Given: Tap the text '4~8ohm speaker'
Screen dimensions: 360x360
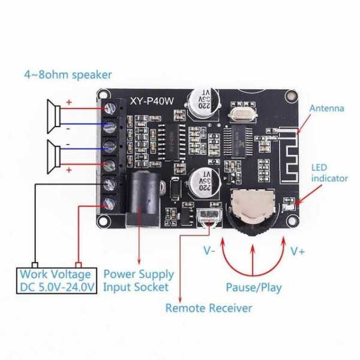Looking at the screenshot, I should tap(68, 75).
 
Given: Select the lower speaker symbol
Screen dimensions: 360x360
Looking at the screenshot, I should tap(53, 154).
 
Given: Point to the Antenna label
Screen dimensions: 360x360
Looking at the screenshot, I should tap(326, 109).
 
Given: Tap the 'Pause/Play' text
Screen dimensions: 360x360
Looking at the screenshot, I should tap(253, 287).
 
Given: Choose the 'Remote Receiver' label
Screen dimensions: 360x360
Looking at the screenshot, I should tap(209, 308).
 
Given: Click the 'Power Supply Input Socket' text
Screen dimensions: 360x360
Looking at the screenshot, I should tap(139, 280).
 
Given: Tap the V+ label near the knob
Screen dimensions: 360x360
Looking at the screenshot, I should tap(298, 251).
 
